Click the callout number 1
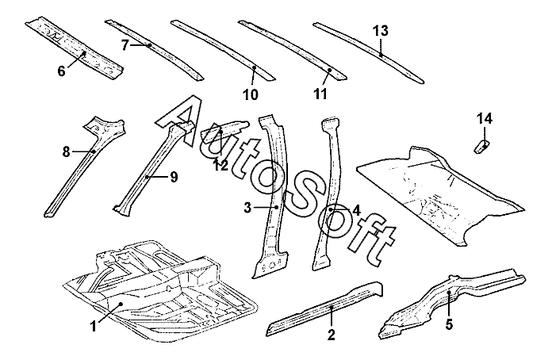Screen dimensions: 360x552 pos(94,325)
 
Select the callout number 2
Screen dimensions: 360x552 pos(331,334)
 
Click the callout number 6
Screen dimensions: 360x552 pos(61,71)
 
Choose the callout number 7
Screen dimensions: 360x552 pos(125,45)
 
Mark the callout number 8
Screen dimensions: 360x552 pos(67,151)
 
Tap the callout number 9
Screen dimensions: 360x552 pos(173,176)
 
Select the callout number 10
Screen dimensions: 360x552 pos(250,95)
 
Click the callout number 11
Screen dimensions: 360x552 pos(320,94)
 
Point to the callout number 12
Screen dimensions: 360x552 pos(222,164)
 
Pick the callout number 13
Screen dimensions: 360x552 pos(381,31)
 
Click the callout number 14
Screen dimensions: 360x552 pos(484,119)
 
